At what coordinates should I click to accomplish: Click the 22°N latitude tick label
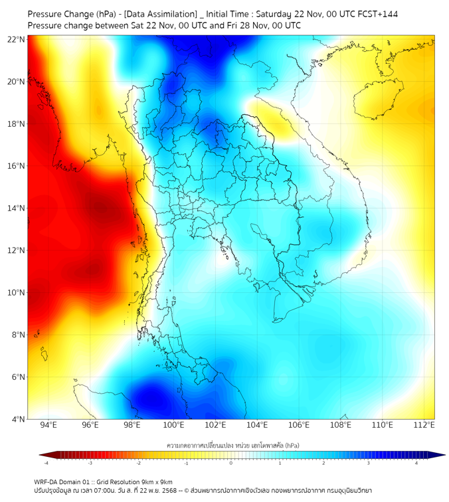point(17,39)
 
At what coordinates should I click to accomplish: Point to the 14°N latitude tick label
point(17,209)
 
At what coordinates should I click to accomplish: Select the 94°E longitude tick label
point(48,426)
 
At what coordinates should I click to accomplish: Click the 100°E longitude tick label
point(174,426)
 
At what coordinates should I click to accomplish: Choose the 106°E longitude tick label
point(300,426)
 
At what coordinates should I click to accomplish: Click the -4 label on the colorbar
point(46,463)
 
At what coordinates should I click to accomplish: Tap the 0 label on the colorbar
point(231,463)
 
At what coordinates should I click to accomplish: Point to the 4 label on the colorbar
point(416,463)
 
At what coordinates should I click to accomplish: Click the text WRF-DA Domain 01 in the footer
point(64,481)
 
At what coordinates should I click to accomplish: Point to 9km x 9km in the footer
point(155,481)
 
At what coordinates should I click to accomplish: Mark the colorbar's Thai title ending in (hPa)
point(232,444)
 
